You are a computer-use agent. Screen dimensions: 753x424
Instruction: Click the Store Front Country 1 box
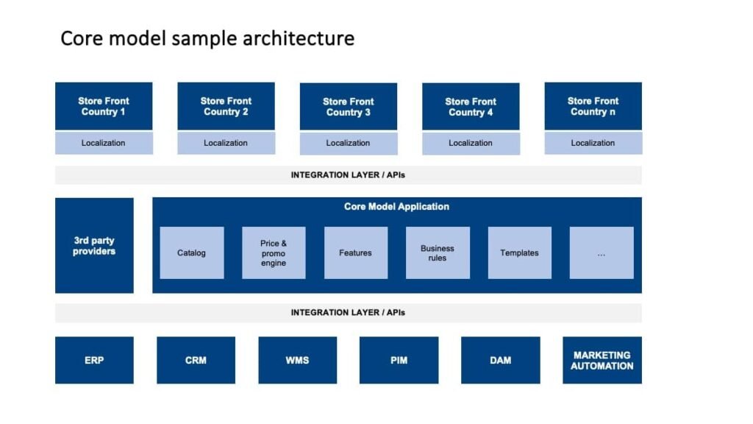pyautogui.click(x=104, y=106)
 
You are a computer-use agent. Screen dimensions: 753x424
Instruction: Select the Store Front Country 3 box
pyautogui.click(x=348, y=106)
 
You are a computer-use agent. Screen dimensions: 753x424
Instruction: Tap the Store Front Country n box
pyautogui.click(x=593, y=106)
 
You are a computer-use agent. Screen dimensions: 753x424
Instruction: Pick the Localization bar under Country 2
pyautogui.click(x=226, y=143)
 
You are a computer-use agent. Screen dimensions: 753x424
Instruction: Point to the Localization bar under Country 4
pyautogui.click(x=471, y=143)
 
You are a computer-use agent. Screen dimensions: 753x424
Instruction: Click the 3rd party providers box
pyautogui.click(x=94, y=245)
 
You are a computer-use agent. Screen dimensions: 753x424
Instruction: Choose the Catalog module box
pyautogui.click(x=192, y=253)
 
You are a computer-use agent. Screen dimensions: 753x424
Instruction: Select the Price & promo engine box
pyautogui.click(x=274, y=253)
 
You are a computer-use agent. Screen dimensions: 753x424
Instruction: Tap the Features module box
pyautogui.click(x=356, y=253)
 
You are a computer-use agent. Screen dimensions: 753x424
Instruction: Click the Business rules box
pyautogui.click(x=438, y=253)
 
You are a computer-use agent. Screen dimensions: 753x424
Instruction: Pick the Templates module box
pyautogui.click(x=520, y=253)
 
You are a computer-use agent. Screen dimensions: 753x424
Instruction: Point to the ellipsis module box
pyautogui.click(x=602, y=253)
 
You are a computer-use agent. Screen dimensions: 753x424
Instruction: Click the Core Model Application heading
pyautogui.click(x=396, y=207)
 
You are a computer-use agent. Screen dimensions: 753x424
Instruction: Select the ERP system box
pyautogui.click(x=94, y=360)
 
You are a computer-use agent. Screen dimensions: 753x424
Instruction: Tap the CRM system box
pyautogui.click(x=196, y=360)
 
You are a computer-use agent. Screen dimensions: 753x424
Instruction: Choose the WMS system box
pyautogui.click(x=297, y=360)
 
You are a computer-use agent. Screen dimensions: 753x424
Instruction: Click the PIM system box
pyautogui.click(x=399, y=360)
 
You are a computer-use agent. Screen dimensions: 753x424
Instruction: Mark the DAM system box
pyautogui.click(x=500, y=360)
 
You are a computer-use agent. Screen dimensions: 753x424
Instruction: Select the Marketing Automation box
pyautogui.click(x=602, y=360)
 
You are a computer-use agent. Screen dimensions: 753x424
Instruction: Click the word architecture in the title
pyautogui.click(x=299, y=38)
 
